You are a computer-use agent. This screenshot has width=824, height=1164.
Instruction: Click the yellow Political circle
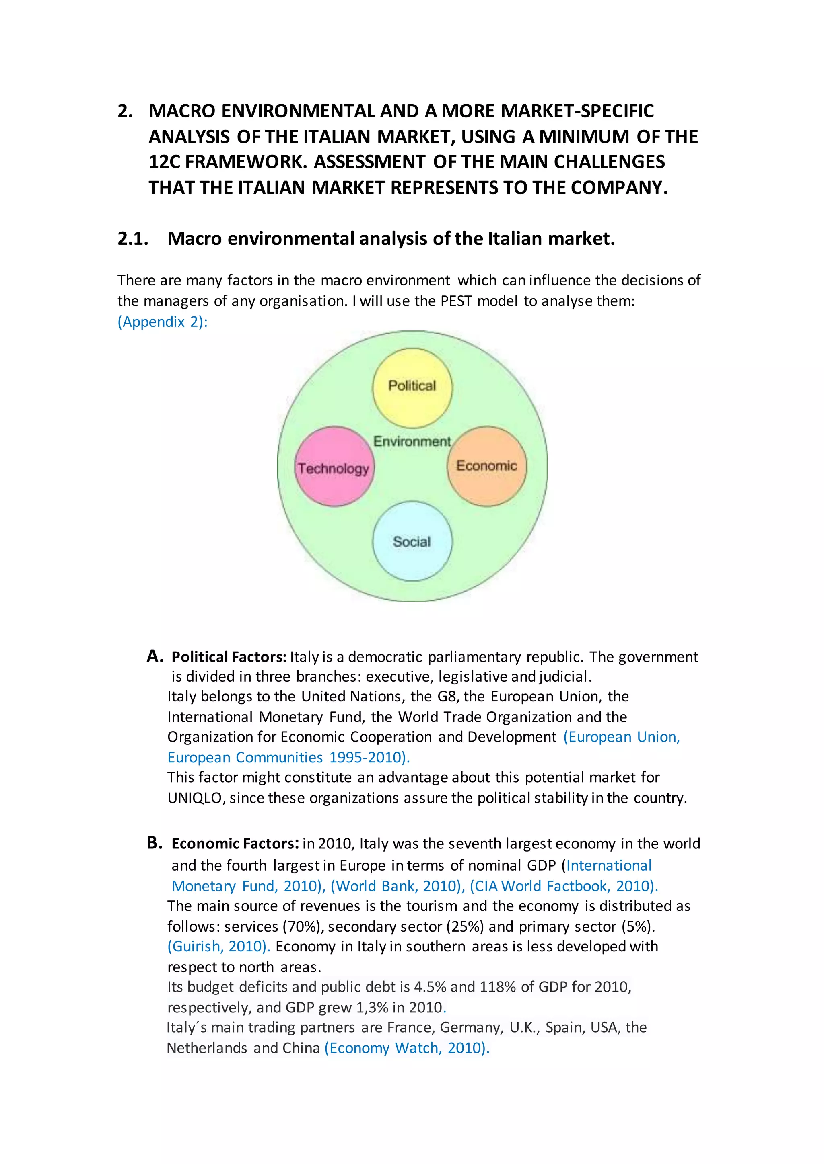[412, 388]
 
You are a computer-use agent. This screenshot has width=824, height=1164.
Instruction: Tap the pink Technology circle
[334, 466]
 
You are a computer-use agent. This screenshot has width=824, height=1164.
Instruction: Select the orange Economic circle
[486, 466]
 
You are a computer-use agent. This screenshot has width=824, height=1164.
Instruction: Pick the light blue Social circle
[412, 541]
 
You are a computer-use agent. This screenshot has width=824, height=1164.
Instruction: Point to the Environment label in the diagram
[412, 442]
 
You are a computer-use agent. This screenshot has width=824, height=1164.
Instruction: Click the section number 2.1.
[132, 238]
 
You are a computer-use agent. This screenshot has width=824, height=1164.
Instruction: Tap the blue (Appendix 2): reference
[163, 322]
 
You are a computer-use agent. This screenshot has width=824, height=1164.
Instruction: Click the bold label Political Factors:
[229, 657]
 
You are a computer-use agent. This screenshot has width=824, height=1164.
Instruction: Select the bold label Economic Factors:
[235, 844]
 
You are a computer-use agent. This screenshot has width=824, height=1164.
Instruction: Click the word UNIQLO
[196, 798]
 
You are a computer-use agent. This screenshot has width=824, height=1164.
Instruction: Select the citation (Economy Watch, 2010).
[407, 1048]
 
